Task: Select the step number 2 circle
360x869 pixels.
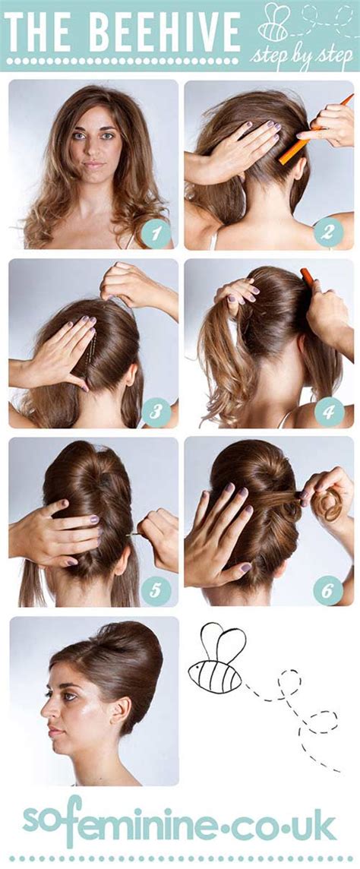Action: point(328,232)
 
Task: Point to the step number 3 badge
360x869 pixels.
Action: point(155,411)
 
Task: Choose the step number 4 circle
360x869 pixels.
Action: point(328,411)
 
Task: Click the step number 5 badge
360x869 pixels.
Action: point(155,591)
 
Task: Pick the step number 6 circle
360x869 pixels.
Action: point(328,590)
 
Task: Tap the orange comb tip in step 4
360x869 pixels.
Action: point(306,277)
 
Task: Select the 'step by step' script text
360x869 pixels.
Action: point(302,55)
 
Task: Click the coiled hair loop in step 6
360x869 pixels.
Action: point(327,504)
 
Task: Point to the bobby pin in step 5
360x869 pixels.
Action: point(134,535)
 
